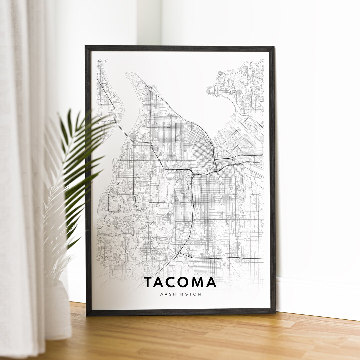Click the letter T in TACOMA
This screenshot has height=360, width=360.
click(149, 282)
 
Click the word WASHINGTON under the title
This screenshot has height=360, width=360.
click(180, 294)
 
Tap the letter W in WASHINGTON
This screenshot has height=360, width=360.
click(161, 294)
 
